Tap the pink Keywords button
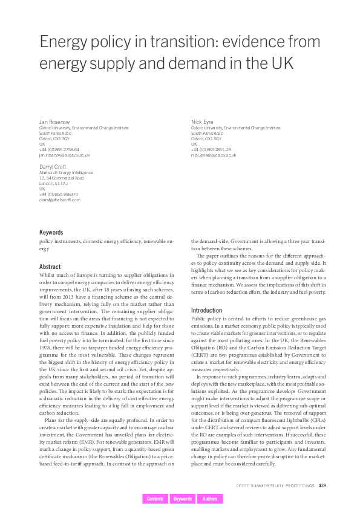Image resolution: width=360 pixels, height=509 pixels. coord(182,499)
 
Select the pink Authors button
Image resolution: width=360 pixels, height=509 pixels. coord(210,499)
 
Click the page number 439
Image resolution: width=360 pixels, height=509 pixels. coord(322,485)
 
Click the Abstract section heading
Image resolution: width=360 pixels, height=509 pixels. coord(50,267)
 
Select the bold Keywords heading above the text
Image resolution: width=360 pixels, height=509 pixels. coord(51,232)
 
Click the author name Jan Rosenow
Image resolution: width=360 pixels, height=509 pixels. coord(52,122)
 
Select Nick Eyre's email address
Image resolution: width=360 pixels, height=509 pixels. coord(214,155)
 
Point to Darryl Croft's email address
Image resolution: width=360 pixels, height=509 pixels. coord(59,199)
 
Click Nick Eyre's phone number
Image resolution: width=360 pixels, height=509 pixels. coord(211,149)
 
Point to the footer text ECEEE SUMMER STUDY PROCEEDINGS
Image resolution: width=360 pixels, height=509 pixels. coord(275,485)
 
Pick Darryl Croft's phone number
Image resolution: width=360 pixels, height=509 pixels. coord(59,194)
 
